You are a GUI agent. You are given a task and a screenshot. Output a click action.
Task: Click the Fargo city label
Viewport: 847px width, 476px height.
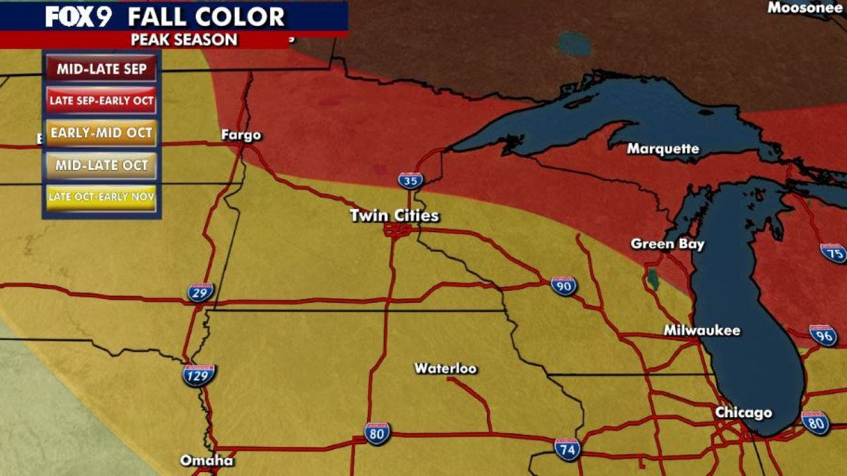241,136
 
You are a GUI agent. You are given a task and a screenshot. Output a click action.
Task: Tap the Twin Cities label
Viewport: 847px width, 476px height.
394,216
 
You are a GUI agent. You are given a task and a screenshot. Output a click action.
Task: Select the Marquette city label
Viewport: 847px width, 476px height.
662,149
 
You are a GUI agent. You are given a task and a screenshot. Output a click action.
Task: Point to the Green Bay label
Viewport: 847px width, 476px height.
667,244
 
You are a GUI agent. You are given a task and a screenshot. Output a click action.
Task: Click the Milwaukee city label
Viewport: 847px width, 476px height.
701,331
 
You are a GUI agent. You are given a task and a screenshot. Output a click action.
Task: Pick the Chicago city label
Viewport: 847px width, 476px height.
743,413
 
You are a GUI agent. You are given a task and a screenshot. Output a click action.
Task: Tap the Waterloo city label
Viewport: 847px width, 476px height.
445,368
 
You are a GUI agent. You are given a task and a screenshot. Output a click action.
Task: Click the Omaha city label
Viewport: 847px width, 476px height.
206,460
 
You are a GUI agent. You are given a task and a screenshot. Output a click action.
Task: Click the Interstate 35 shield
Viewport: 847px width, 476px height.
411,180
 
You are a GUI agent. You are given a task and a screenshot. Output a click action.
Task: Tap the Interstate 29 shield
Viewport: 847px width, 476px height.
200,292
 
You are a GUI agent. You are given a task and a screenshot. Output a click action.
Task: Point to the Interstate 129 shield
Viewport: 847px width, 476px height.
199,376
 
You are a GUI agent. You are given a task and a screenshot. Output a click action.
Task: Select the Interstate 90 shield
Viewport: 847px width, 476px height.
564,286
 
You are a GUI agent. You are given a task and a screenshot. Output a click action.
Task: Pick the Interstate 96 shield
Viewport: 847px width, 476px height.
823,335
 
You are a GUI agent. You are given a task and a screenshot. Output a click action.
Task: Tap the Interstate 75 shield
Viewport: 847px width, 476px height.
833,253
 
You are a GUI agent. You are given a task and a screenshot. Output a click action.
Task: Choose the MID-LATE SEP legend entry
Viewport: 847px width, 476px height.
101,69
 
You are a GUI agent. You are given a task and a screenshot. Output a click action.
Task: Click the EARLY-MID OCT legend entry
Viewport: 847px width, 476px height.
101,133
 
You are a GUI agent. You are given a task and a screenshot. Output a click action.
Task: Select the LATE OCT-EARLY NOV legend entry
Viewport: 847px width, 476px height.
101,197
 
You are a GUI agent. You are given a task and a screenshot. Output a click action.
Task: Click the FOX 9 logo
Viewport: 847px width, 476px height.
78,16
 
